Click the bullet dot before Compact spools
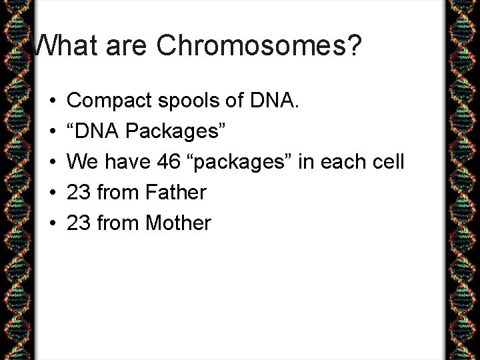[52, 101]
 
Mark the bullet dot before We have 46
[52, 163]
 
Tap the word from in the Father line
[115, 193]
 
